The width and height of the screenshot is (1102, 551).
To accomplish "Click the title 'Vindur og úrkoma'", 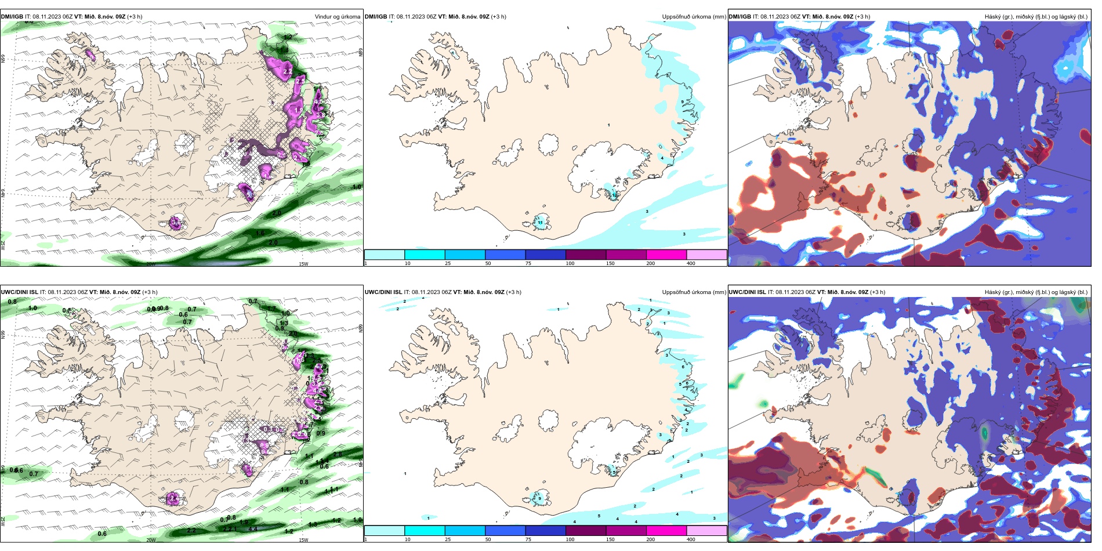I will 337,17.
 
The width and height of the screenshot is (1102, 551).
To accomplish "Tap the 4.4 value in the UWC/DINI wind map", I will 253,529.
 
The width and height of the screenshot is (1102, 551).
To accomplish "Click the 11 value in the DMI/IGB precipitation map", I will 540,223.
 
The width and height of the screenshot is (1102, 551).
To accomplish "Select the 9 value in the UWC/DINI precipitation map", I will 539,498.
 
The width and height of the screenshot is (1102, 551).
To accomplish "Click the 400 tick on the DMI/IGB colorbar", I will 691,263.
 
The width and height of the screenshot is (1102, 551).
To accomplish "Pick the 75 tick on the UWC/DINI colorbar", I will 528,539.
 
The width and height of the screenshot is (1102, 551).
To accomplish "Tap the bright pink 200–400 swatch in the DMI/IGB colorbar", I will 666,255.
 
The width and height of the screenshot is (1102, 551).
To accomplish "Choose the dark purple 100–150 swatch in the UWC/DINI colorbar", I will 586,531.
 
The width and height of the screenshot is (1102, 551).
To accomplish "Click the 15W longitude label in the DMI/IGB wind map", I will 303,264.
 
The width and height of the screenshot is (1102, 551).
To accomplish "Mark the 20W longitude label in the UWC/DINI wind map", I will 151,540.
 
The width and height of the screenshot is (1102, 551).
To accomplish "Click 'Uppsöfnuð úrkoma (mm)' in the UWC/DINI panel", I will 694,292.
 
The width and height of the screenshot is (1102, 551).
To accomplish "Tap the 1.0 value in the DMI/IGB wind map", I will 357,187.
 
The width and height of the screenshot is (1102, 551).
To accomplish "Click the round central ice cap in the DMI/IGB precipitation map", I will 549,144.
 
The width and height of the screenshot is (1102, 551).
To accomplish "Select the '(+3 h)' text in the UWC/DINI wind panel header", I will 150,292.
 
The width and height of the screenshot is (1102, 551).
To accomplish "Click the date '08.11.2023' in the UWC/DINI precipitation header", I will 426,292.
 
